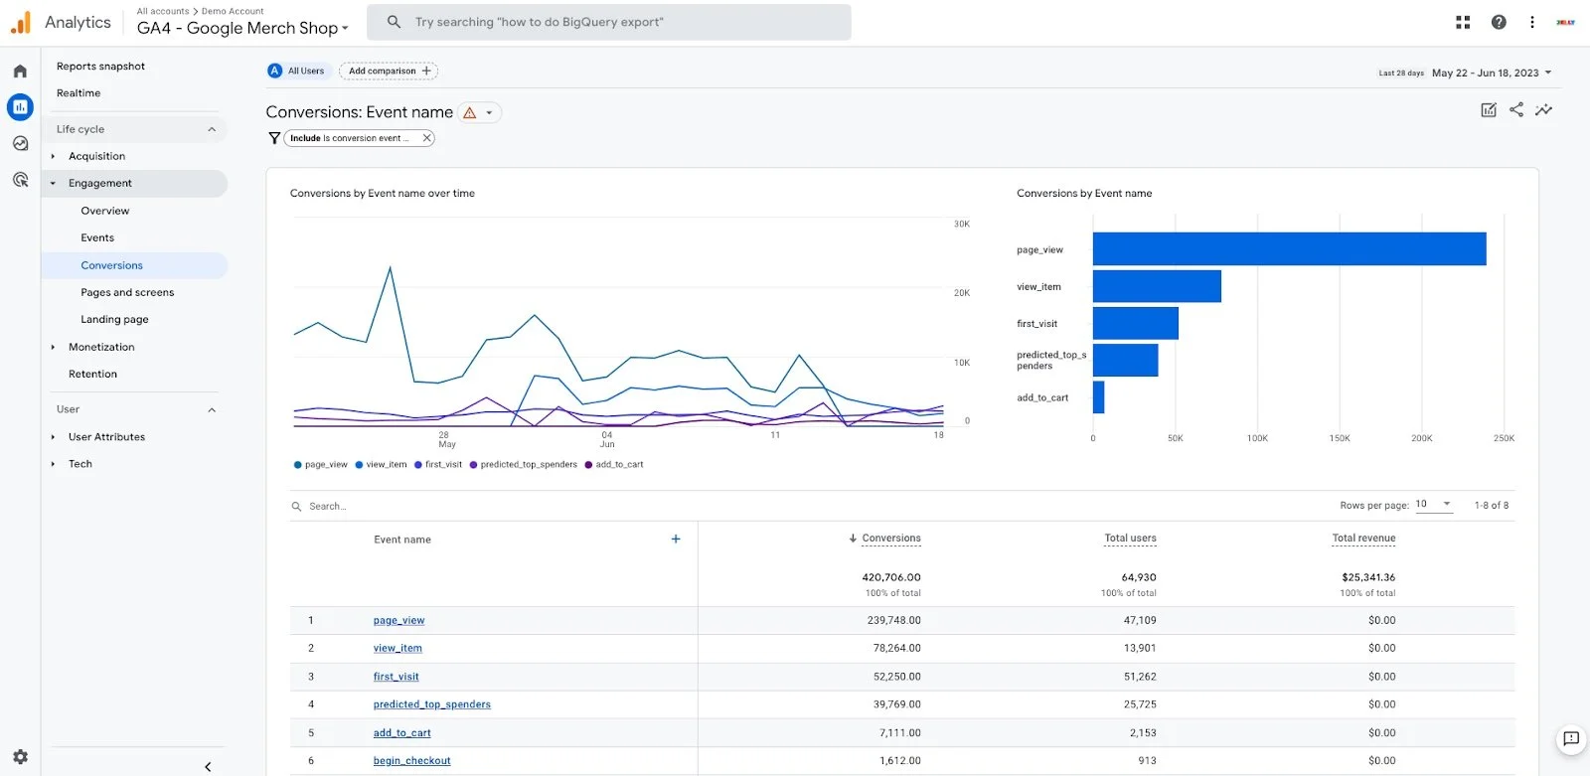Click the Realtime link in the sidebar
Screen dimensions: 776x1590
[79, 93]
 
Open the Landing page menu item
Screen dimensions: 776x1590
[114, 320]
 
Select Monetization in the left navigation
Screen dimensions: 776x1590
[101, 347]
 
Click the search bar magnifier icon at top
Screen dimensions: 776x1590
[395, 22]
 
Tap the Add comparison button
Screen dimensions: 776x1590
[389, 71]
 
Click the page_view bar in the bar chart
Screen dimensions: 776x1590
[1289, 249]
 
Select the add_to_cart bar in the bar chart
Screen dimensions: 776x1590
[1098, 397]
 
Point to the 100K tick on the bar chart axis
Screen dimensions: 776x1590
[1257, 438]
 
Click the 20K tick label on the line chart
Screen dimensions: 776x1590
[961, 293]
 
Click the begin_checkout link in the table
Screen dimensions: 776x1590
[411, 761]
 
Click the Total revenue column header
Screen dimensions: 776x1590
[1363, 539]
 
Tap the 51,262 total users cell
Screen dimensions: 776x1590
[1140, 677]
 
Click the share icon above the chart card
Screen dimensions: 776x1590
[1515, 110]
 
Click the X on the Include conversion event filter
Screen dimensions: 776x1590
[426, 138]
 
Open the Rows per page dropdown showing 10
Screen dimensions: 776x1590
[1433, 505]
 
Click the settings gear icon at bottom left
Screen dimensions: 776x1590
[20, 757]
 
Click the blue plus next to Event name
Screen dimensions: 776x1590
[676, 540]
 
